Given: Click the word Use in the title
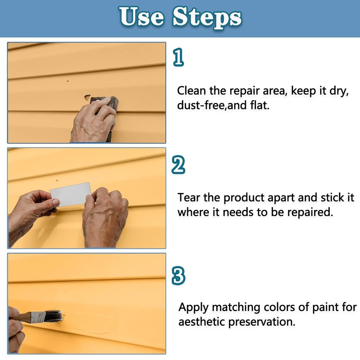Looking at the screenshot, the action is point(141,16).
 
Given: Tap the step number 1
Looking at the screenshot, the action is point(179,57).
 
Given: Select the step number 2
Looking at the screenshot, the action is point(178,165).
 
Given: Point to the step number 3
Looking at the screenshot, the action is point(179,275).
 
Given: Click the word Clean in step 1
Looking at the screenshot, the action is point(192,91).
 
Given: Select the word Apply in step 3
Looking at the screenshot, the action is point(194,308).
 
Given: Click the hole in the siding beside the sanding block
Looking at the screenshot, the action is point(87,98).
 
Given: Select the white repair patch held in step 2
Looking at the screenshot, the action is point(71,194).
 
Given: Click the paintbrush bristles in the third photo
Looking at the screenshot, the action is point(54,316).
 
